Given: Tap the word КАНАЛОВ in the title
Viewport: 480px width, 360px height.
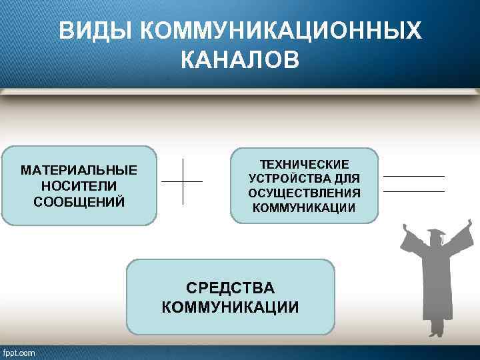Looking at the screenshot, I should tap(240, 61).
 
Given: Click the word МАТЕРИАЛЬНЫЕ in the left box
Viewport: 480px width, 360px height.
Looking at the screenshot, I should tap(79, 170).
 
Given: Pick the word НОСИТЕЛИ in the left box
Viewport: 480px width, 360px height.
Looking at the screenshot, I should tap(79, 185).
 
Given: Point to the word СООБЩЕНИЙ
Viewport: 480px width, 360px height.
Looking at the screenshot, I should tap(79, 201).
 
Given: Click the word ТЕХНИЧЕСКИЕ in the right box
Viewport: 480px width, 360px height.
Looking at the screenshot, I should tap(304, 164).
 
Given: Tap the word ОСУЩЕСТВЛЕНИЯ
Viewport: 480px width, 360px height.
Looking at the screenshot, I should tap(304, 193).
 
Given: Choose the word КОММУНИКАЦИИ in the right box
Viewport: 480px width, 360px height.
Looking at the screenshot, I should tap(304, 208).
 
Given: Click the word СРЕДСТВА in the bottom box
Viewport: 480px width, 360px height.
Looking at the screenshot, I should tap(230, 289).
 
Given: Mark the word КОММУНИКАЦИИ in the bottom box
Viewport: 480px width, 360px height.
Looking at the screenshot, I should tap(230, 307).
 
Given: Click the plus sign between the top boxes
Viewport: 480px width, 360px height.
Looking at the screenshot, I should tap(182, 181).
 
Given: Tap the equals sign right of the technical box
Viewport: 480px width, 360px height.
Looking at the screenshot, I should tap(414, 184).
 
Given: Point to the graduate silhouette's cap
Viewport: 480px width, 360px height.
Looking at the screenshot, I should tap(437, 234).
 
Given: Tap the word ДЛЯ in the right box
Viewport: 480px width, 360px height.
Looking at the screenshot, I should tap(348, 179).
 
